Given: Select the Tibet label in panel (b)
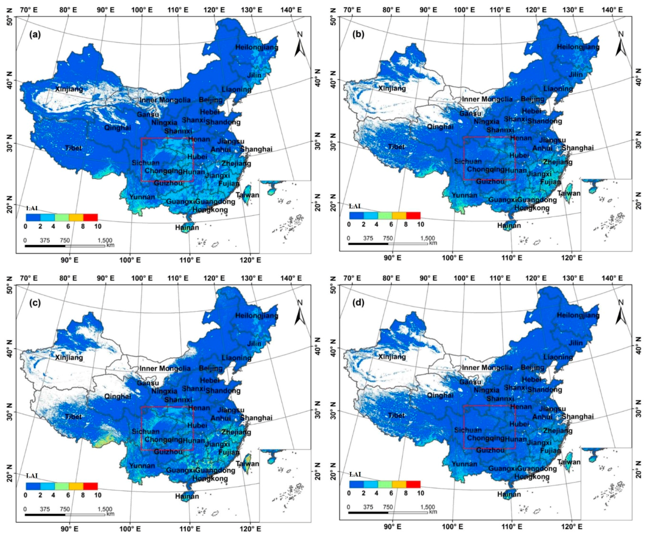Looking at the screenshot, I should (x=396, y=147).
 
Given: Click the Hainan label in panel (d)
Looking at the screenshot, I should (x=509, y=494).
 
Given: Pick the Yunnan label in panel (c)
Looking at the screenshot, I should (x=142, y=466).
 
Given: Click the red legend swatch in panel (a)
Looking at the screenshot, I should (x=91, y=217).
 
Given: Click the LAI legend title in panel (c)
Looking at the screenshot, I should (x=32, y=476).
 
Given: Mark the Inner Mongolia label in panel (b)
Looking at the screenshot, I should (x=487, y=99).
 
